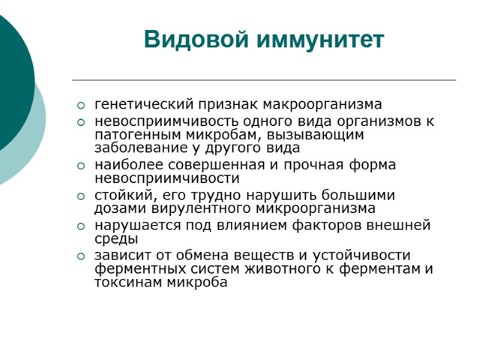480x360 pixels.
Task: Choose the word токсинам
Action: [123, 283]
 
